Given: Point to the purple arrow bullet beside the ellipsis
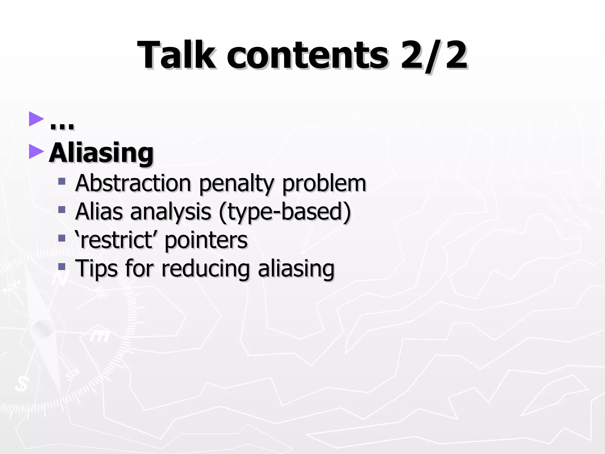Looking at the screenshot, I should tap(36, 119).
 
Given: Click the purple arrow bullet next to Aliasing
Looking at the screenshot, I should tap(36, 152).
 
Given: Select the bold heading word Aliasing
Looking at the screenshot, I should tap(101, 153).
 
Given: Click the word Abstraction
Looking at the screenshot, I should tap(133, 183).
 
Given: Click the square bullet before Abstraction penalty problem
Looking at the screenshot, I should tap(62, 181).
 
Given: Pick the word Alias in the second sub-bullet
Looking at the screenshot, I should tap(99, 212).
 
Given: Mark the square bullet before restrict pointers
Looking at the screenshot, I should tap(62, 238).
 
